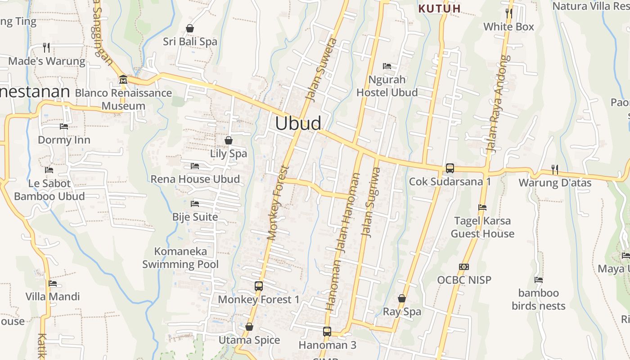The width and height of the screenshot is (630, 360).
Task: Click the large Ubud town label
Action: pos(298,123)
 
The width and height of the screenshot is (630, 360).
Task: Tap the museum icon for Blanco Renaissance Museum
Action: pos(123,80)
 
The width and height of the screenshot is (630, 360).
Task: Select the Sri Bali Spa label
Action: pos(190,41)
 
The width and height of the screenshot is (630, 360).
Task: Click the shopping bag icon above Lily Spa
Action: pos(229,140)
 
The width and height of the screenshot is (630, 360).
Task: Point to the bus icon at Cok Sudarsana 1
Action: pos(450,168)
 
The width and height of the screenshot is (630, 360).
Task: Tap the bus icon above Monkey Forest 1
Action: pos(259,286)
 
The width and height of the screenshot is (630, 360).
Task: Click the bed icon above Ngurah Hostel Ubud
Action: pos(387,66)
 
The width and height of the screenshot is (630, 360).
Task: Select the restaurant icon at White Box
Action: pos(509,13)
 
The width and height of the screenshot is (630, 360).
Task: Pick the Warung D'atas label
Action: pos(555,183)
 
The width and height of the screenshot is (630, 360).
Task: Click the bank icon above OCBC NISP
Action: pos(464,267)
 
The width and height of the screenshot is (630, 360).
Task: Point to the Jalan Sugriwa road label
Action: pos(371,202)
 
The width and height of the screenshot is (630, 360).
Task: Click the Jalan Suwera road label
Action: pos(321,70)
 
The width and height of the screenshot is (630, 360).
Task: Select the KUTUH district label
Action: pos(439,9)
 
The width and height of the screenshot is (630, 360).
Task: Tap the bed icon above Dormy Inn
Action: pos(64,126)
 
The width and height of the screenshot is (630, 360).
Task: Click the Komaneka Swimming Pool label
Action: pos(180,258)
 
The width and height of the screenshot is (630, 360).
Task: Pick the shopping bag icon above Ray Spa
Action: pos(402,298)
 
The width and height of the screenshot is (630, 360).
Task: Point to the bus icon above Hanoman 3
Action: pos(327,332)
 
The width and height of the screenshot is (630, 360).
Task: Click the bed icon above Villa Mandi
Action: pos(53,283)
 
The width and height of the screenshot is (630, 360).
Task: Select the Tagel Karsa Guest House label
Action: pos(482,227)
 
